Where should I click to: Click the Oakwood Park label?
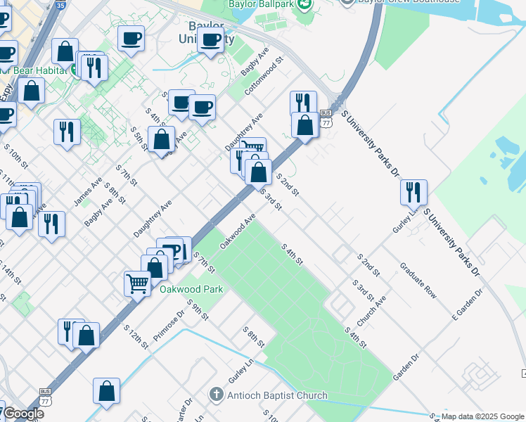191,289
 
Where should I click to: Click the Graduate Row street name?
418,281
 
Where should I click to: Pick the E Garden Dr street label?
468,305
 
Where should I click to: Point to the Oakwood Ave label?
237,231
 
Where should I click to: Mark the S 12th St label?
136,336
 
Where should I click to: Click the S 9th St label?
198,309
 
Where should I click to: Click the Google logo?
23,414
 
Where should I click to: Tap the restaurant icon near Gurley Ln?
413,192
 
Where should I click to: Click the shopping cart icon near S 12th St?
137,283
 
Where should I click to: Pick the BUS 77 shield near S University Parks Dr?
326,117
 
